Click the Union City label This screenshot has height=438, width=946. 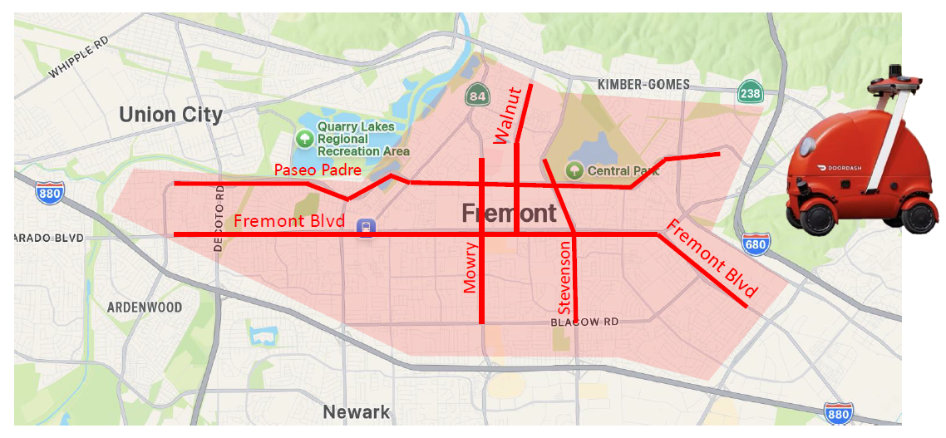pos(170,115)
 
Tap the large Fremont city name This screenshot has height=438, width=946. pos(509,214)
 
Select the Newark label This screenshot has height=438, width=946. pos(356,412)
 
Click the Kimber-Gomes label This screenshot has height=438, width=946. pos(643,84)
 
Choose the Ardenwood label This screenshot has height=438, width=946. pos(145,308)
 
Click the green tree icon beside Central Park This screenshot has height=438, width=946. pos(574,170)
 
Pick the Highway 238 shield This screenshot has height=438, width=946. pos(750,93)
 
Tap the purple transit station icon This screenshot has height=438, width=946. pos(365,227)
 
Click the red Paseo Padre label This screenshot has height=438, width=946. pos(318,170)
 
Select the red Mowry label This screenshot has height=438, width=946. pos(470,268)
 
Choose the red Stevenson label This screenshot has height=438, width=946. pos(565,278)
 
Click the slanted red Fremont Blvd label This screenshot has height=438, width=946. pos(712,258)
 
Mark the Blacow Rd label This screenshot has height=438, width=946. pos(585,322)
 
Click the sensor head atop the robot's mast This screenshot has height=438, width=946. pos(896,80)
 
